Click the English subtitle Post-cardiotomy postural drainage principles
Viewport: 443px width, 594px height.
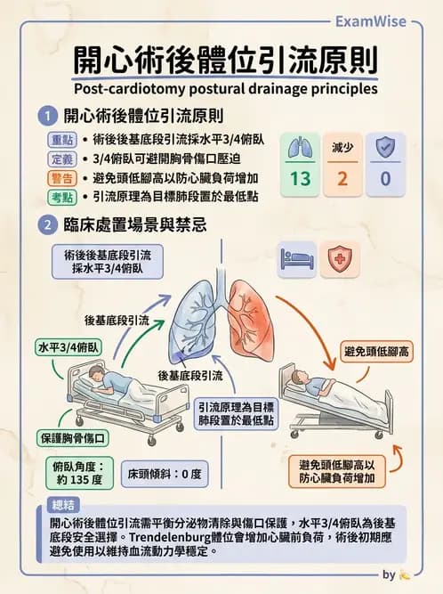226,89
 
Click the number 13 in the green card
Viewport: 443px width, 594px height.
300,179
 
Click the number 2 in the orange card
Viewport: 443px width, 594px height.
342,179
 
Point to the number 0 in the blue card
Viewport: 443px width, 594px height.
385,179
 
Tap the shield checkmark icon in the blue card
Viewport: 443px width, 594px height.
385,147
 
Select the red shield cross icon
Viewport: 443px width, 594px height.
339,259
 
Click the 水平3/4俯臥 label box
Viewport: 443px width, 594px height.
68,347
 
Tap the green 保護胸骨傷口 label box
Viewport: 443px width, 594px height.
73,438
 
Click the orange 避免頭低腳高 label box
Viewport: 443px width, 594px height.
378,352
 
